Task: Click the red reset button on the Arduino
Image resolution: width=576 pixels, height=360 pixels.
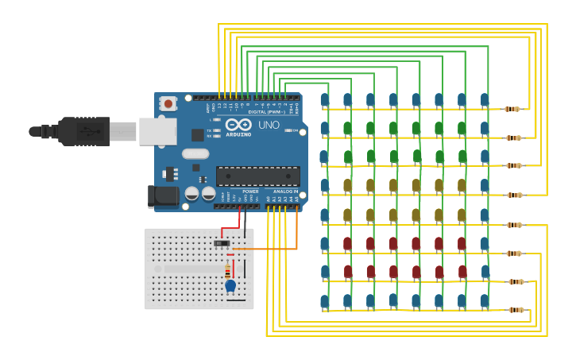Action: point(168,103)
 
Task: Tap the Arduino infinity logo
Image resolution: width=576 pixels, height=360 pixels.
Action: point(238,125)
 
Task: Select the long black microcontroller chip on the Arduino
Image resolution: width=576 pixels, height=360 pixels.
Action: point(257,176)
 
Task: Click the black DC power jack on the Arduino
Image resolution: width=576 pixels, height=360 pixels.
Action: point(164,195)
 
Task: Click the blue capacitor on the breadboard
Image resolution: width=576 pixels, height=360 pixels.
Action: point(230,285)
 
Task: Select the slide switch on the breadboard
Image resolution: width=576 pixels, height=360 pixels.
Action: point(222,242)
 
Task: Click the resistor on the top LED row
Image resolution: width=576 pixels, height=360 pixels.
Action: point(512,109)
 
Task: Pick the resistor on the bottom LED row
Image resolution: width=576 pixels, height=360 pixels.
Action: point(516,310)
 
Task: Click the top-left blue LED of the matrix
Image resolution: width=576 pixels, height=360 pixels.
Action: point(324,100)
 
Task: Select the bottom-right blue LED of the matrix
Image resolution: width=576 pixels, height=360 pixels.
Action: point(485,300)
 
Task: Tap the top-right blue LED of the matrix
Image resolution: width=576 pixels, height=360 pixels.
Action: point(485,99)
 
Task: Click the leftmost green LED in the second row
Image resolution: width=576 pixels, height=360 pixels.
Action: point(347,128)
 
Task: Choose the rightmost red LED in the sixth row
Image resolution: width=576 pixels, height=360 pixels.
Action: point(462,243)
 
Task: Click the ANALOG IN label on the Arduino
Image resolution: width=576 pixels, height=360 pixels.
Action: point(285,192)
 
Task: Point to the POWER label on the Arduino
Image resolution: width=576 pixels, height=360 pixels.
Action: point(250,192)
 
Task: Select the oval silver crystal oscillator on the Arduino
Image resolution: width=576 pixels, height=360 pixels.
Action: point(195,153)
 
